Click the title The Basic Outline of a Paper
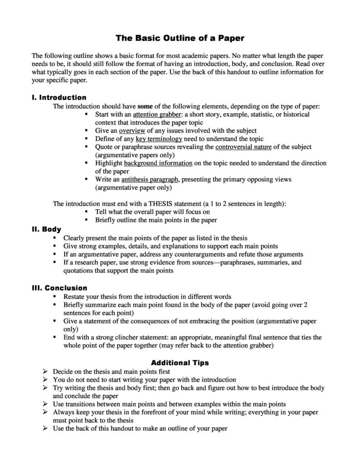pos(180,38)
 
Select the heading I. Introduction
pos(59,98)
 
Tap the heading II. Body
pos(46,229)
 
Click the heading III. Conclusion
pos(59,288)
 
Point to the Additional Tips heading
pos(180,363)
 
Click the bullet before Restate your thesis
pos(55,296)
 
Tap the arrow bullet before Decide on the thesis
pos(45,372)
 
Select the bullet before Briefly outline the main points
pos(87,220)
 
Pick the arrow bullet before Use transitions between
pos(45,404)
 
